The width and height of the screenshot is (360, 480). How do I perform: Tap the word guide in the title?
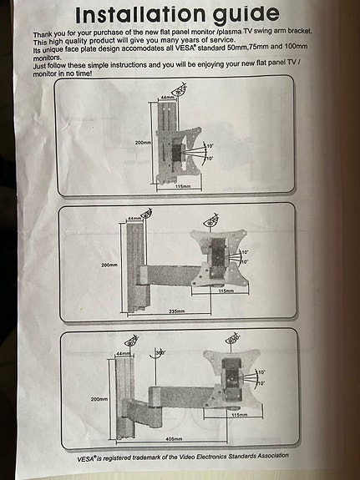click(x=241, y=15)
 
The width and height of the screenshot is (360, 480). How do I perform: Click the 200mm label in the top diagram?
click(x=142, y=144)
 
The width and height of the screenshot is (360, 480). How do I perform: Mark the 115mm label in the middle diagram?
click(x=225, y=291)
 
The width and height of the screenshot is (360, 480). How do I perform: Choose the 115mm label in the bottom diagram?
click(x=239, y=414)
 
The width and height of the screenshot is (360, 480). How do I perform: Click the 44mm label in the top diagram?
click(x=167, y=97)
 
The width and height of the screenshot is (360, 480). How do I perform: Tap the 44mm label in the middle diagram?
click(x=132, y=218)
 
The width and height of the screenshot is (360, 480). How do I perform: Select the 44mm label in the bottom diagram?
click(x=124, y=353)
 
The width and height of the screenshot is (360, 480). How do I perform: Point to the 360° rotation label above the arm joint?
click(x=160, y=353)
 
